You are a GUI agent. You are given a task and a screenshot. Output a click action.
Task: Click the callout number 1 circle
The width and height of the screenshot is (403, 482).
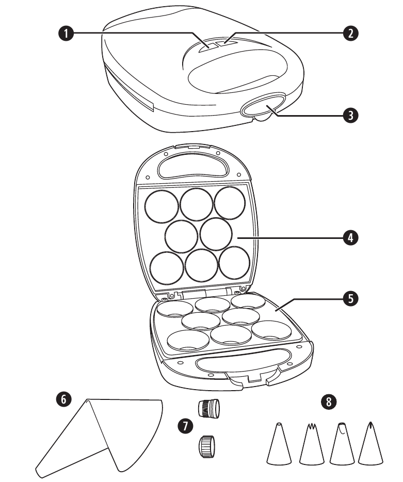65,34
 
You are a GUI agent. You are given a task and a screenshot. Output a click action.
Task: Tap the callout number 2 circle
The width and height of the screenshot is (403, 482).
351,34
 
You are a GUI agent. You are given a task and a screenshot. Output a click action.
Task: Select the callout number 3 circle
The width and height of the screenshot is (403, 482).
351,116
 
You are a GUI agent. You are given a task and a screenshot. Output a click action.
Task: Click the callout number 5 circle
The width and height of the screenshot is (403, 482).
351,298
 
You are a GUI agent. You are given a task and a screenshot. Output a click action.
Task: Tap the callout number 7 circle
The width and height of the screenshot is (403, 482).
184,426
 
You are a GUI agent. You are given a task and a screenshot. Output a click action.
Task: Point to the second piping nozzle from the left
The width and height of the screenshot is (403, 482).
311,445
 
